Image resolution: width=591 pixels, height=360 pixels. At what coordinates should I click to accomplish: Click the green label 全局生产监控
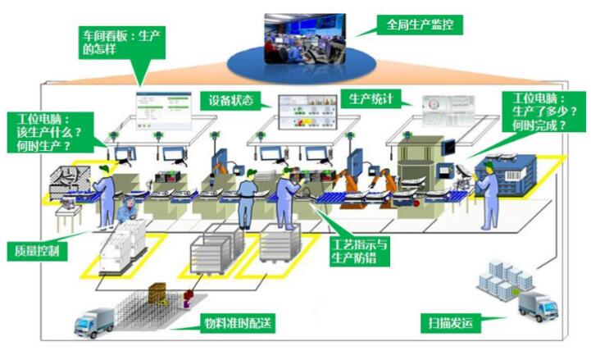(419, 25)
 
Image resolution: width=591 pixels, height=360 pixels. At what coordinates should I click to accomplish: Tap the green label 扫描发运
(452, 321)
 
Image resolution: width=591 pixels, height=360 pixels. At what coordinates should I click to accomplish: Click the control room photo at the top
(303, 40)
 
